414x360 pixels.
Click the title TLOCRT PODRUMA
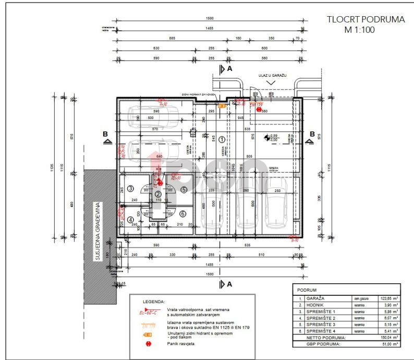tap(366, 20)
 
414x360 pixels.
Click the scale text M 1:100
tap(359, 30)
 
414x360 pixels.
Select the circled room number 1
tap(222, 139)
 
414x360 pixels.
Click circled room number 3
tap(131, 188)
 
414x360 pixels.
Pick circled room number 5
tap(183, 189)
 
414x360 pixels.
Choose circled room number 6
tap(182, 213)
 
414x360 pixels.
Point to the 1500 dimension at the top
tap(210, 17)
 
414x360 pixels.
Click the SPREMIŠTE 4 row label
tap(322, 331)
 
